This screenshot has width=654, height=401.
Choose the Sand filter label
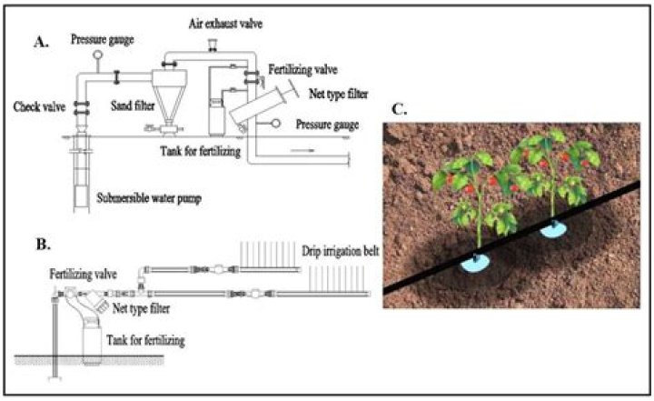pos(132,106)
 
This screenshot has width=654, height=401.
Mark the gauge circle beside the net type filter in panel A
pos(276,125)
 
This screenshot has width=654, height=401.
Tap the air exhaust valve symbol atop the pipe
pos(211,43)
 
